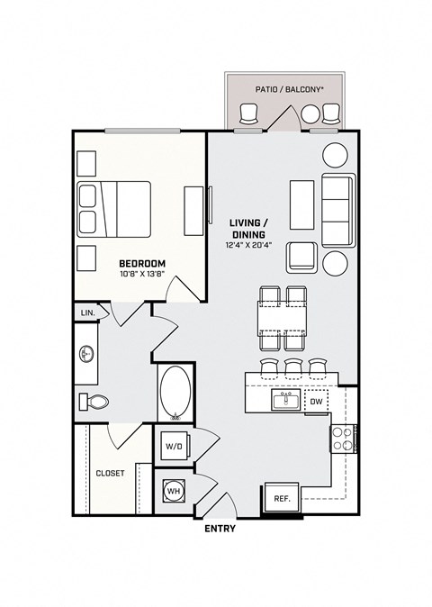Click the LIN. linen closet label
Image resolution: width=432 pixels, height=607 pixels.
coord(88,313)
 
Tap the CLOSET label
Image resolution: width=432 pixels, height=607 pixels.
coord(111,472)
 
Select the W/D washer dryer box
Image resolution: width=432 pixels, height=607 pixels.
coord(172,445)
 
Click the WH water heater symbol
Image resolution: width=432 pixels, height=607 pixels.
coord(173,492)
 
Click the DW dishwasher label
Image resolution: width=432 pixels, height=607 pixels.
coord(316,402)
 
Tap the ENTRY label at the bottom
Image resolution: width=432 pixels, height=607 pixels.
coord(220,529)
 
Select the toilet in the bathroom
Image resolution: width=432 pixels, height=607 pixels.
coord(93,401)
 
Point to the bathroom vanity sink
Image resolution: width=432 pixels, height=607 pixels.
coord(87,354)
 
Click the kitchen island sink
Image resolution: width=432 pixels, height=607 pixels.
coord(289,399)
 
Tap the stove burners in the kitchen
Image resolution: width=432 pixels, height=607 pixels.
coord(342,439)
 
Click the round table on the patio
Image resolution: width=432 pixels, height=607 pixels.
coord(311,113)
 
